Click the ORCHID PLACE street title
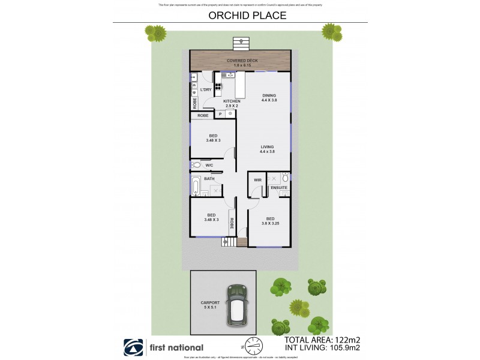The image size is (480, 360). click(239, 16)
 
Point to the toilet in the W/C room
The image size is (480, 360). click(196, 165)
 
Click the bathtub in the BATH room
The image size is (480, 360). click(196, 187)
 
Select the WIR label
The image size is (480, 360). click(257, 179)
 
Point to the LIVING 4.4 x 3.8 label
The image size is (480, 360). click(267, 149)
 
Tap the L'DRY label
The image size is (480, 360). click(206, 90)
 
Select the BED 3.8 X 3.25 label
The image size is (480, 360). click(270, 221)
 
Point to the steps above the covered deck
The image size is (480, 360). click(241, 43)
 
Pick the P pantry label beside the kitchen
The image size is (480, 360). click(220, 114)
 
